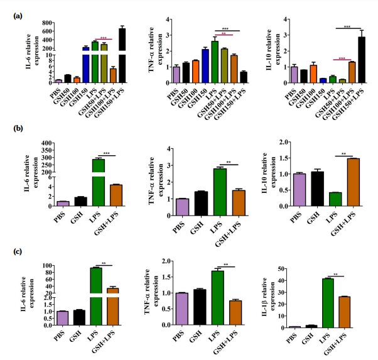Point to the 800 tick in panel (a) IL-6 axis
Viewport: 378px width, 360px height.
(45, 23)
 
